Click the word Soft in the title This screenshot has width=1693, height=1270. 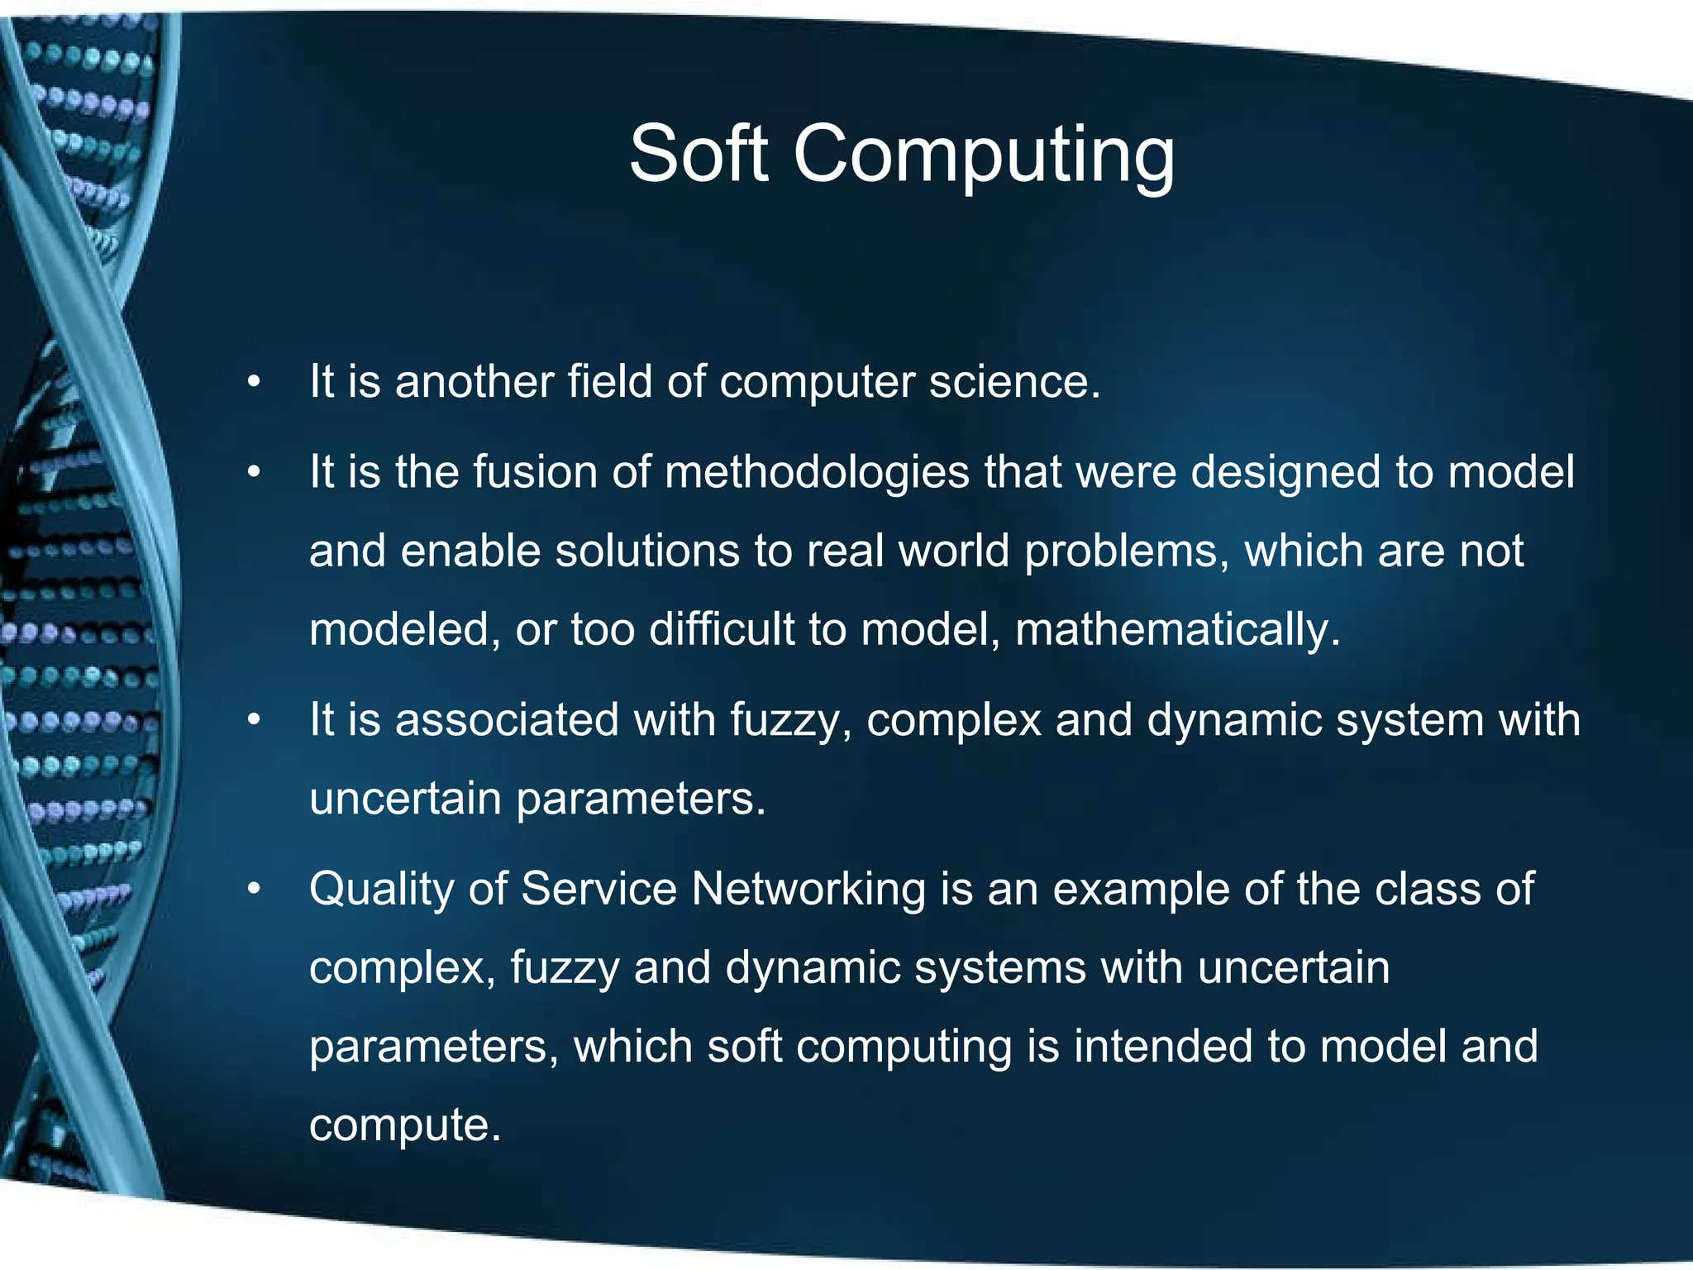[x=699, y=154]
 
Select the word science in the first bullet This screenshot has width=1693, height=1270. [x=1013, y=382]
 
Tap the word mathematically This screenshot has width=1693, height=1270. [x=1176, y=630]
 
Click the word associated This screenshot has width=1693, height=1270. [x=507, y=719]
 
